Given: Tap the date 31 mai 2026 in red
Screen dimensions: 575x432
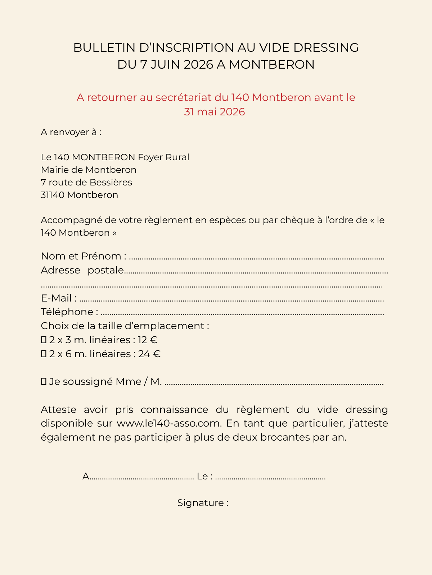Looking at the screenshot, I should coord(215,112).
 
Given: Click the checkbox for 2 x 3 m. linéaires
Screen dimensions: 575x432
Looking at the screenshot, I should coord(44,340).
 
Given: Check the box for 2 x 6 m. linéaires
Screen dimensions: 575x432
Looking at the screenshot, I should coord(44,354).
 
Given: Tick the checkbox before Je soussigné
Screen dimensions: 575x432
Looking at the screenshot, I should coord(44,382).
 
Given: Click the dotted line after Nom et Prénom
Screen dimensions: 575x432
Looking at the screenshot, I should coord(256,258).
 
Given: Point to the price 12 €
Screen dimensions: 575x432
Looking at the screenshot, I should coord(148,340).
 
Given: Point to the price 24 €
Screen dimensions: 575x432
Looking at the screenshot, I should coord(149,354).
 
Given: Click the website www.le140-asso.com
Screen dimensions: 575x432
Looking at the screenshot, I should coord(168,423).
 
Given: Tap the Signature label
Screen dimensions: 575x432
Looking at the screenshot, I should coord(203,503).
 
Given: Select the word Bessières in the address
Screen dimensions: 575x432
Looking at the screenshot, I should coord(111,182).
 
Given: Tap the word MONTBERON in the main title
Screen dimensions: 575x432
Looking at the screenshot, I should coord(272,65).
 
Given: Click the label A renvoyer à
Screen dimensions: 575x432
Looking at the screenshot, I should coord(71,132).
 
